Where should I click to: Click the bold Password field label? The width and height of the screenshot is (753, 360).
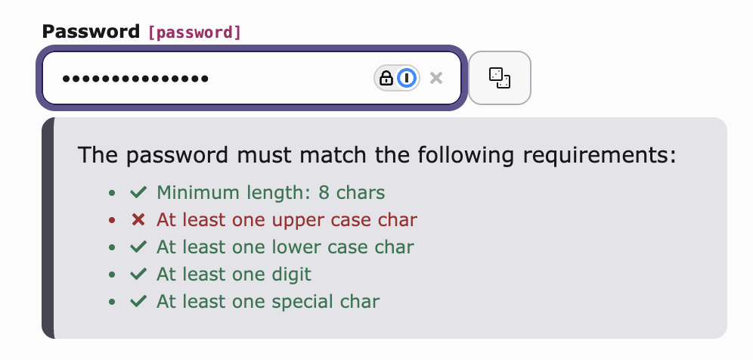(91, 32)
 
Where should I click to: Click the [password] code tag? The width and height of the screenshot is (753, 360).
(194, 33)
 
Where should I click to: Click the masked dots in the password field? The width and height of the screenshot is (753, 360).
(135, 79)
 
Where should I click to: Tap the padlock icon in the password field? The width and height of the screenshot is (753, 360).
(386, 78)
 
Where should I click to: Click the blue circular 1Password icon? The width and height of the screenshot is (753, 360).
(407, 78)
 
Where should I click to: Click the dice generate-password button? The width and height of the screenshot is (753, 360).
(500, 78)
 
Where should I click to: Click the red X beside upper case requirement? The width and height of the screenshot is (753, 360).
(138, 220)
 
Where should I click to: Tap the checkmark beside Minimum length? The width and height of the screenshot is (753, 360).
(138, 193)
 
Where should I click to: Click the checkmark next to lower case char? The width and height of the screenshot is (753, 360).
(138, 247)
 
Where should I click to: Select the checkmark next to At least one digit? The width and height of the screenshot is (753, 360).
(138, 275)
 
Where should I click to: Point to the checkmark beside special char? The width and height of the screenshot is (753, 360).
(138, 302)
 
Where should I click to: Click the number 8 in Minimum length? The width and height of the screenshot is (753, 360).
(324, 193)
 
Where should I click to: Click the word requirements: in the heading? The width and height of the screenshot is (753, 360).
(600, 156)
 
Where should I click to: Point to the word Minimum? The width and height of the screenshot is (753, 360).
(198, 193)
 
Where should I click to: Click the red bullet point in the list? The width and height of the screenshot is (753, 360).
(112, 220)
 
